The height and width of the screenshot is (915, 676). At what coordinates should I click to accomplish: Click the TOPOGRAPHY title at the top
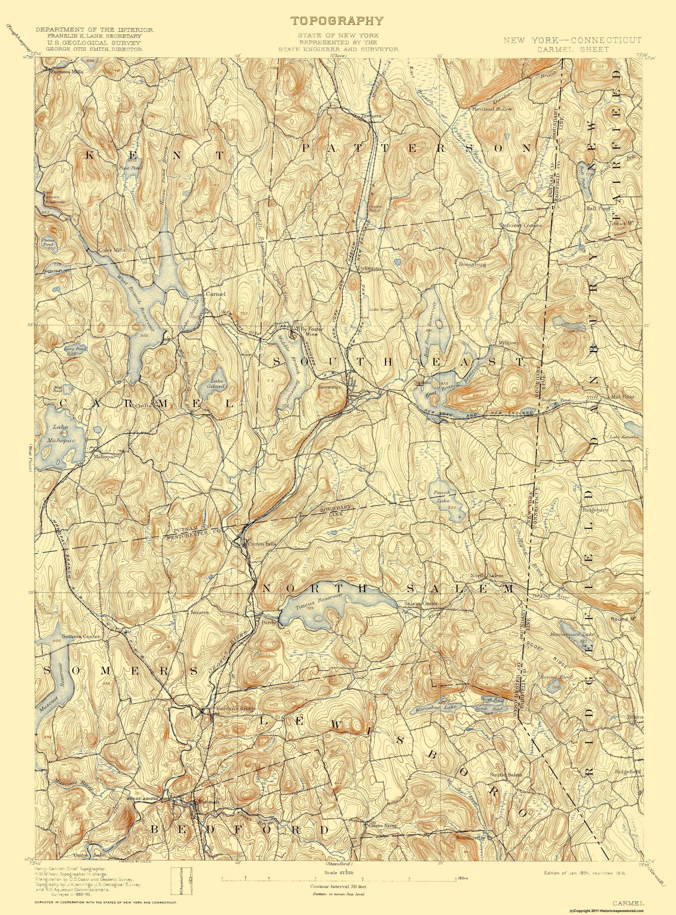click(338, 21)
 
